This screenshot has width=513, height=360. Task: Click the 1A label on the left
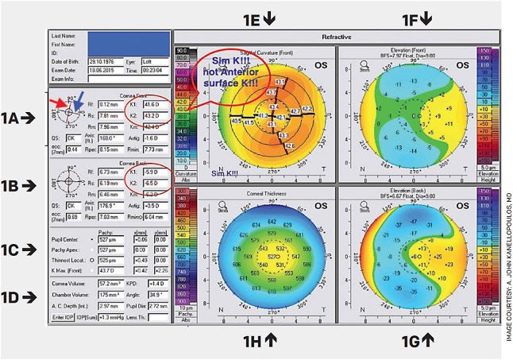pyautogui.click(x=13, y=118)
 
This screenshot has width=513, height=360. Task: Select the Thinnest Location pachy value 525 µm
pyautogui.click(x=108, y=237)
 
